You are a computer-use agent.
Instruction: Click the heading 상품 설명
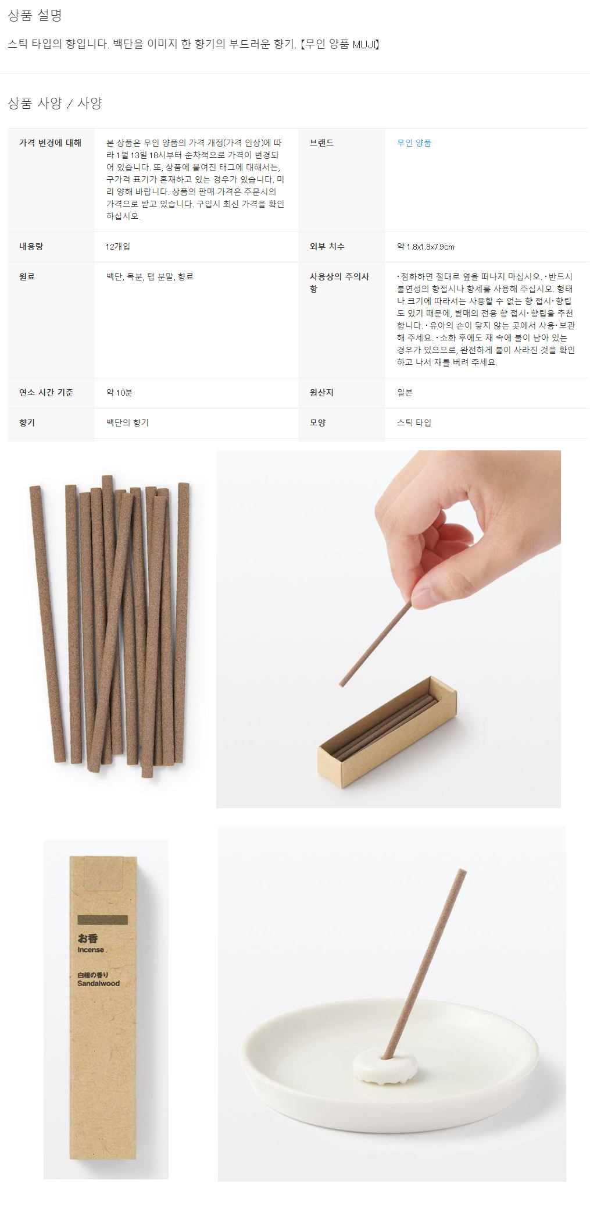pos(35,16)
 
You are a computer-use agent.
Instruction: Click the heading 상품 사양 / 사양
pos(55,103)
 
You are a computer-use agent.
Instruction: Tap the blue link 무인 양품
pos(414,143)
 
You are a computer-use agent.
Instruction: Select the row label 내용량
pos(31,246)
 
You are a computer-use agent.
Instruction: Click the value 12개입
pos(118,247)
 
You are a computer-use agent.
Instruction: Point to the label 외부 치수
pos(327,246)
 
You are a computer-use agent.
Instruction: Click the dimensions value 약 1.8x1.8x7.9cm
pos(425,247)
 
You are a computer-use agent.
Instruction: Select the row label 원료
pos(27,276)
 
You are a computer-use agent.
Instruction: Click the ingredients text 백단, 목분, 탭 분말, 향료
pos(150,276)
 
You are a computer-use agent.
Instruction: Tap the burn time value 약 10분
pos(119,393)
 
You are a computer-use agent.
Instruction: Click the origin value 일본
pos(405,393)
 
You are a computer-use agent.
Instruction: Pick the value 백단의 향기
pos(127,422)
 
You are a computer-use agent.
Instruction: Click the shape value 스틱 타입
pos(414,422)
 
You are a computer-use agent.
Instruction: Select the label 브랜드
pos(321,143)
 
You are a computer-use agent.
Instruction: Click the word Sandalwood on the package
pos(98,983)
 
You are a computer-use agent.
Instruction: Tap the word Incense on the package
pos(91,950)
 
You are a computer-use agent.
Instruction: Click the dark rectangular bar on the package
pos(102,920)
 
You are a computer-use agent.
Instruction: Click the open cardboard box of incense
pos(387,733)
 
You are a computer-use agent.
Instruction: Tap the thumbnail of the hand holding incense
pos(388,629)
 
